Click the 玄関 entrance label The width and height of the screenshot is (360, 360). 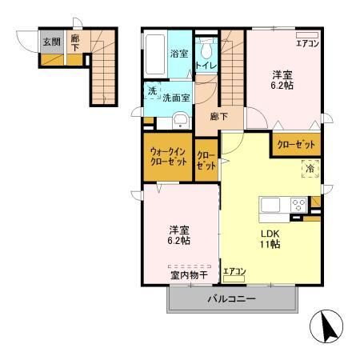50,42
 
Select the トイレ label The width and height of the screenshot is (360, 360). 206,67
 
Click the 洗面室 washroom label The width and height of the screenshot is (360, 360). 176,98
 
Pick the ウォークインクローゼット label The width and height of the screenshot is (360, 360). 168,157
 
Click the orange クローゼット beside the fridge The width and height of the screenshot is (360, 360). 296,145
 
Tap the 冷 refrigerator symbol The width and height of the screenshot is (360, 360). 308,169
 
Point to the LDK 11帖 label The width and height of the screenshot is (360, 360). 268,241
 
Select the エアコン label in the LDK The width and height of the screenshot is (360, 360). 234,272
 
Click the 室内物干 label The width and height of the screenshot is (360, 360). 189,275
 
